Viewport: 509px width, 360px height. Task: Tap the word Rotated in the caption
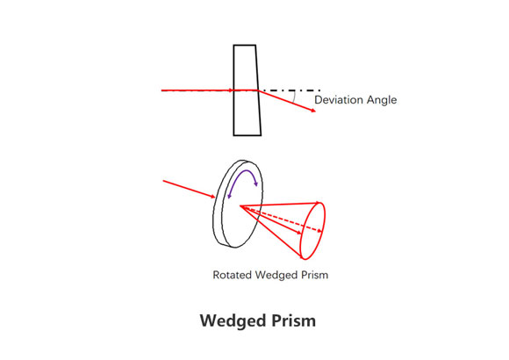(232, 275)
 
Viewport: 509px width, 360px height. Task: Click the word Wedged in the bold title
(233, 321)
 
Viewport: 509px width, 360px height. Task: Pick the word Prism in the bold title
(293, 320)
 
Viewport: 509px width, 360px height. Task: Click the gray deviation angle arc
(294, 97)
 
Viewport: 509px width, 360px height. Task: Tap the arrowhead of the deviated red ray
(313, 111)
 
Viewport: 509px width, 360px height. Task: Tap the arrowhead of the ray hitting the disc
(212, 196)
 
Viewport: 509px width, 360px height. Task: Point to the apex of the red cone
(240, 205)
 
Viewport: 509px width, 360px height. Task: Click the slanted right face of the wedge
(258, 90)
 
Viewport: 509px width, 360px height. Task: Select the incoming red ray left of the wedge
(197, 90)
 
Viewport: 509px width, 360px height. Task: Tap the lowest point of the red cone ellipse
(305, 259)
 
